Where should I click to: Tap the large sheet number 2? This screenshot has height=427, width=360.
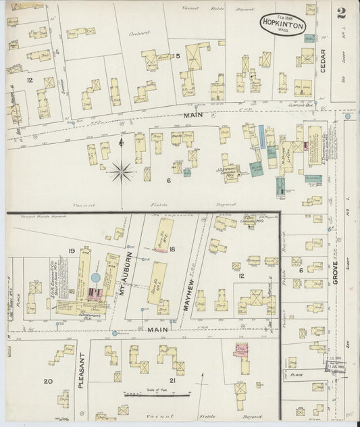click(342, 13)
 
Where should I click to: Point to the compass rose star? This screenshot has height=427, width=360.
click(122, 170)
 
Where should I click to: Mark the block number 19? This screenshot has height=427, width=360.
click(71, 252)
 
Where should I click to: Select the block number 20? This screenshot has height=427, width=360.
click(48, 382)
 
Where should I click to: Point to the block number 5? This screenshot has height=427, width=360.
click(178, 56)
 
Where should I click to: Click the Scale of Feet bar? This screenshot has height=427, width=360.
click(153, 393)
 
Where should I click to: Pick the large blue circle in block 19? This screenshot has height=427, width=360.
click(96, 277)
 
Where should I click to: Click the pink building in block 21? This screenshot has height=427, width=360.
click(240, 351)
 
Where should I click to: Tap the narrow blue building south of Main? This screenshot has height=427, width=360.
click(261, 137)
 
